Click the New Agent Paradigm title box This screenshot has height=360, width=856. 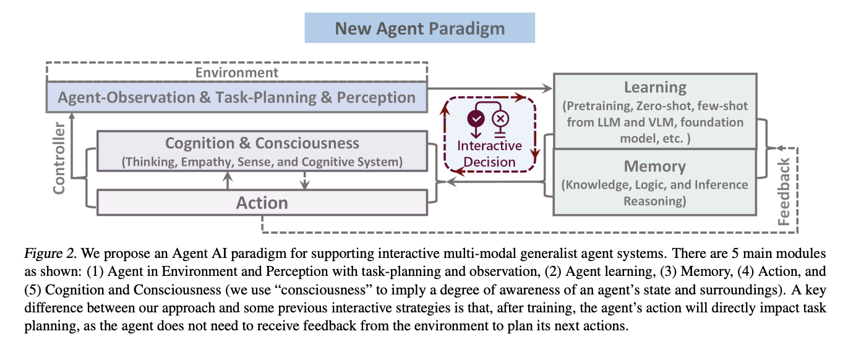pos(419,28)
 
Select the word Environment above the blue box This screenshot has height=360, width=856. pos(237,72)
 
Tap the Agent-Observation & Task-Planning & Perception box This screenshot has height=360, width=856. pos(237,98)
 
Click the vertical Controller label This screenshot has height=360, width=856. pos(59,158)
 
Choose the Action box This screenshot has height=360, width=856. pos(262,202)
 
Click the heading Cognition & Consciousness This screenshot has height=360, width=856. pos(262,144)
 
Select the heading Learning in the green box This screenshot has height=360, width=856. pos(655,87)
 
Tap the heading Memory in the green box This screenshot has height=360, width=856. pos(655,166)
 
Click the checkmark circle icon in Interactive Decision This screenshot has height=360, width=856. pos(476,118)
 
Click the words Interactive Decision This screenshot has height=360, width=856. pos(489,154)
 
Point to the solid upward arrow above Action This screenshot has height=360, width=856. pos(228,181)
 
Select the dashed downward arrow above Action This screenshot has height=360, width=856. pos(303,181)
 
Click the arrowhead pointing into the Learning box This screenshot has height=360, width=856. pos(547,88)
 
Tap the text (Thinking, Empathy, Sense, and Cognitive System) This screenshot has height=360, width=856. pos(262,162)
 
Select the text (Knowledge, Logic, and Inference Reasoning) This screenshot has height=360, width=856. pos(655,192)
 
